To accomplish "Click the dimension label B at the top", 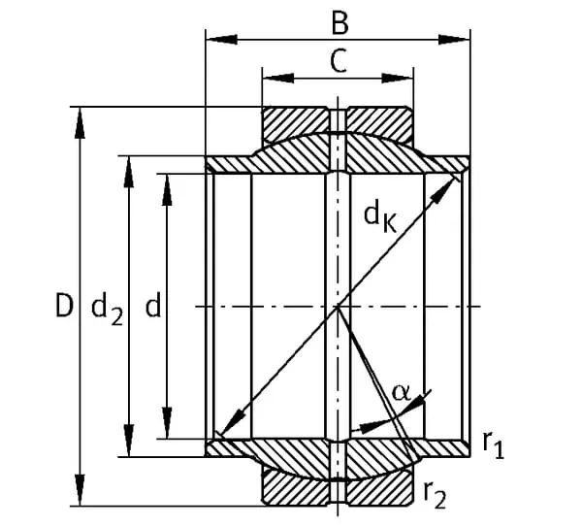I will (x=338, y=20).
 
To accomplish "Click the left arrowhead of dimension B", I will (x=215, y=40).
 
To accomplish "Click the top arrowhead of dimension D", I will (x=81, y=115).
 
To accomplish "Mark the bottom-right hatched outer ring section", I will (x=378, y=488).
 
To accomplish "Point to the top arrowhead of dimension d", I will (x=167, y=183).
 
